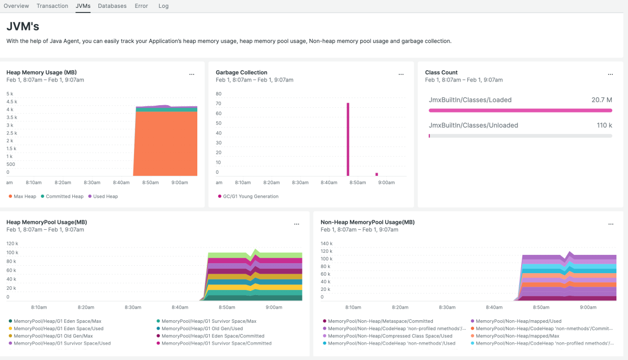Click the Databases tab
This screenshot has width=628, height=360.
pos(112,6)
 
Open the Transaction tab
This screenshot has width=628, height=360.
pos(52,6)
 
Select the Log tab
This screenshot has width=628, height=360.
pos(163,6)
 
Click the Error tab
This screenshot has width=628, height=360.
pos(141,6)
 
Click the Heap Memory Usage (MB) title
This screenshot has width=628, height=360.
pos(42,72)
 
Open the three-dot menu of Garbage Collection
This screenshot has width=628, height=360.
pos(401,74)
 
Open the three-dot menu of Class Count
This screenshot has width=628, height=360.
pos(610,74)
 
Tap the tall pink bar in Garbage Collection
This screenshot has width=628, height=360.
pos(347,139)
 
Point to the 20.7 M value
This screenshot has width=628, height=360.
pos(602,100)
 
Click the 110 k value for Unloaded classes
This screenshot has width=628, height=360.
pos(604,125)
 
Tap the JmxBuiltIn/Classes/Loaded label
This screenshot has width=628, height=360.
pos(470,100)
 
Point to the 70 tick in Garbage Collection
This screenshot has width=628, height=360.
pos(219,104)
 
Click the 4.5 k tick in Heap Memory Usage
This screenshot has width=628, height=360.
pos(12,102)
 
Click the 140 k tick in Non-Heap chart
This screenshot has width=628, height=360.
pos(326,243)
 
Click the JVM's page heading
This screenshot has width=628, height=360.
pos(23,26)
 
